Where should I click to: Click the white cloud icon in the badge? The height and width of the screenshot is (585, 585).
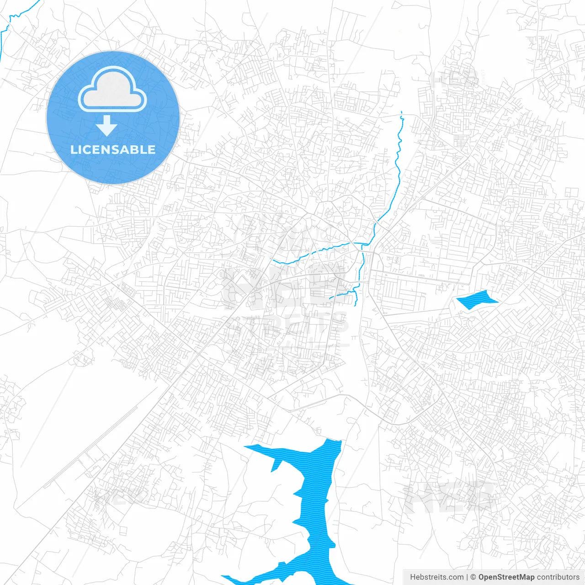click(x=112, y=90)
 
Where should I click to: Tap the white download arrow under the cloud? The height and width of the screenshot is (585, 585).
click(x=106, y=126)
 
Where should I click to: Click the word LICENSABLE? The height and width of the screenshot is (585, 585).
click(x=113, y=149)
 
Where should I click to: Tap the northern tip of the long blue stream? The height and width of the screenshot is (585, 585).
click(x=401, y=112)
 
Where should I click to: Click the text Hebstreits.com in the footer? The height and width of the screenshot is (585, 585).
click(x=436, y=577)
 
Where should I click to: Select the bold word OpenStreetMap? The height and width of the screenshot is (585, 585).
click(x=506, y=577)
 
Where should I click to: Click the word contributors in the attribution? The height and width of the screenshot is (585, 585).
click(x=558, y=577)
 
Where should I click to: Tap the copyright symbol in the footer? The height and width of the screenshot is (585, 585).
click(x=473, y=577)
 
